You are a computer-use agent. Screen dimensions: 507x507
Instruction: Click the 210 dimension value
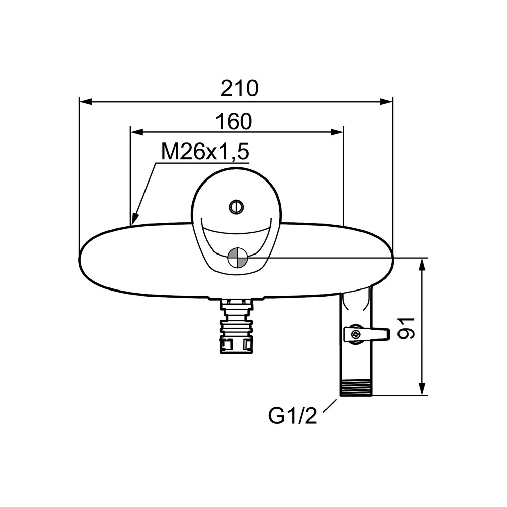pos(239,88)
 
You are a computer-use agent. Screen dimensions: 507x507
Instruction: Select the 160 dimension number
pos(233,121)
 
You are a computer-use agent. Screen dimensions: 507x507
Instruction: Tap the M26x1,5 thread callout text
pos(205,152)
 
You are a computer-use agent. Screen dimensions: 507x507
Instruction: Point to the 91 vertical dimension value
pos(406,328)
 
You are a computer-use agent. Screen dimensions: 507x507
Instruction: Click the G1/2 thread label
pos(293,416)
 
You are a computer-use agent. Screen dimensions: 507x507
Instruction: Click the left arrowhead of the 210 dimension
pos(86,102)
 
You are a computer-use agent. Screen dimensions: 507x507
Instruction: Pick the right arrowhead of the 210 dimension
pos(386,102)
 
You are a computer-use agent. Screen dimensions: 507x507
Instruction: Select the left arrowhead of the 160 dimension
pos(136,132)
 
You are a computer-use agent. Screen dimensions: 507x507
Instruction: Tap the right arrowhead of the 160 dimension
pos(337,132)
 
